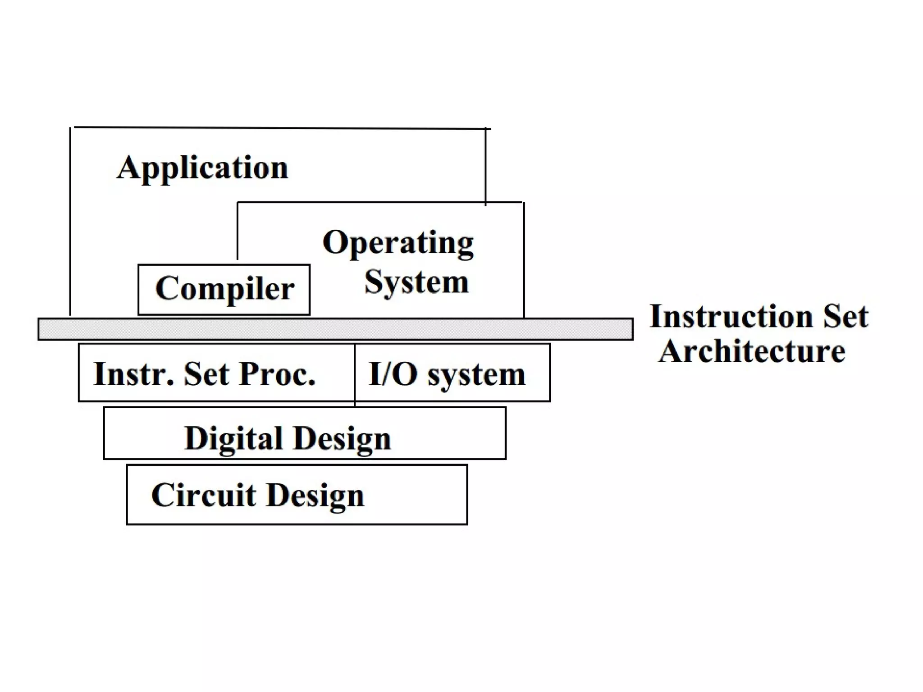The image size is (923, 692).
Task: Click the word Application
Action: pyautogui.click(x=202, y=168)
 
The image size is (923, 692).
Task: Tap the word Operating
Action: pyautogui.click(x=398, y=243)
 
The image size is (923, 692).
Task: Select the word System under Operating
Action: pyautogui.click(x=416, y=282)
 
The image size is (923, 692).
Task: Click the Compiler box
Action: pyautogui.click(x=224, y=289)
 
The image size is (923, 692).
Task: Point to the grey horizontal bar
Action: pyautogui.click(x=335, y=329)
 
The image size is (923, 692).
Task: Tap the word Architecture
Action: pyautogui.click(x=752, y=351)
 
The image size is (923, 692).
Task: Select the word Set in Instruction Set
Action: pyautogui.click(x=845, y=316)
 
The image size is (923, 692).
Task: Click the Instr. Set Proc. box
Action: pyautogui.click(x=216, y=373)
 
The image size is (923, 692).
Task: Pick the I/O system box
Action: pyautogui.click(x=452, y=373)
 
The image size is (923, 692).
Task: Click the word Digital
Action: pyautogui.click(x=233, y=439)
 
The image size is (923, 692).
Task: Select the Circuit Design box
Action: pyautogui.click(x=297, y=495)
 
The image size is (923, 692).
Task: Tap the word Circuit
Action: pyautogui.click(x=203, y=495)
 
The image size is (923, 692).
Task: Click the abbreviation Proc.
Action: pyautogui.click(x=277, y=374)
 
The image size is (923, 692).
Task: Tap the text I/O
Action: pyautogui.click(x=393, y=374)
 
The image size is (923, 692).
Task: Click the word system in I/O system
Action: pyautogui.click(x=476, y=375)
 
